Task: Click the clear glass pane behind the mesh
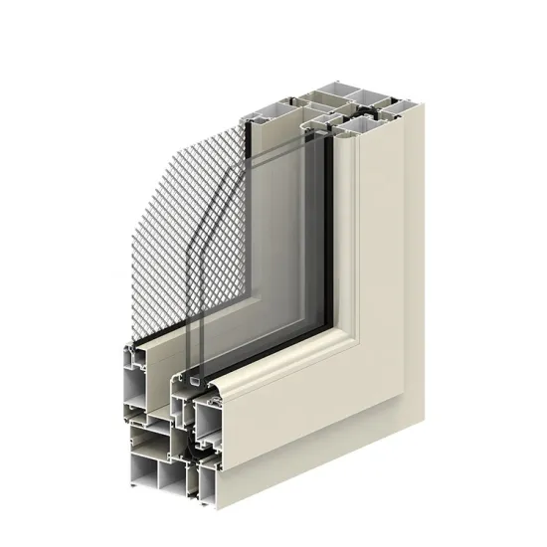(283, 249)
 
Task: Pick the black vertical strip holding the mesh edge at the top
(245, 149)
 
